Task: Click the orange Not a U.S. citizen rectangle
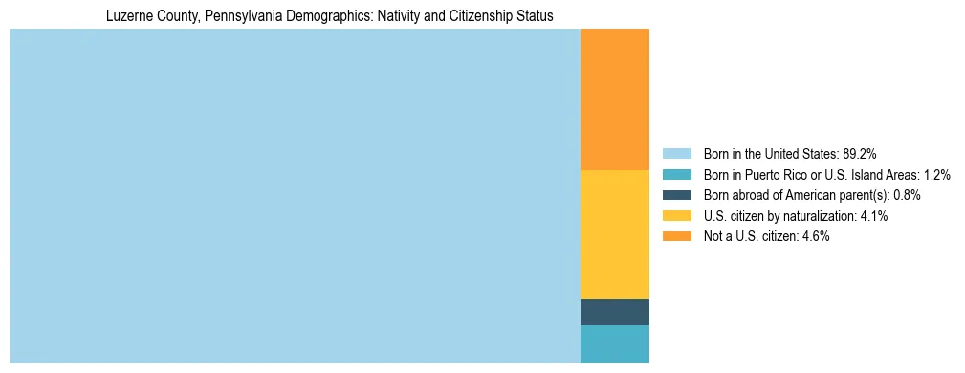[x=614, y=99]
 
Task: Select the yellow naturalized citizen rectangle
[x=614, y=234]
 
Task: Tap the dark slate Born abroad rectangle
[x=614, y=312]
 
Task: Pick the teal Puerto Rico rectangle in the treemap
[x=614, y=344]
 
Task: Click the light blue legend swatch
[x=676, y=153]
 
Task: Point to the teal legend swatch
[x=676, y=174]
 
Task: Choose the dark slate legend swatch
[x=676, y=195]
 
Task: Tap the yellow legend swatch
[x=676, y=216]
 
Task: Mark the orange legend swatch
[x=676, y=237]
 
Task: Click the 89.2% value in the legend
[x=860, y=153]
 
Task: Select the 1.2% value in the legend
[x=936, y=174]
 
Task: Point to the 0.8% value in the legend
[x=907, y=195]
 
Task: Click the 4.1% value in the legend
[x=874, y=216]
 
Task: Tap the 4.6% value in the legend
[x=816, y=237]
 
